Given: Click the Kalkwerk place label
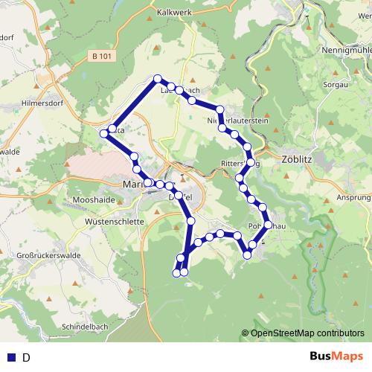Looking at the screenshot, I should [x=176, y=13].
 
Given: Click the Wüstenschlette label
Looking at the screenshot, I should [x=113, y=222].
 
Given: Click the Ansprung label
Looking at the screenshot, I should [x=353, y=198].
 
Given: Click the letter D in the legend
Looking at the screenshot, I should [x=26, y=357].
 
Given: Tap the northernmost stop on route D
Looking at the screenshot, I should [x=157, y=79].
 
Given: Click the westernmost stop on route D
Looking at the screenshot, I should [x=103, y=133].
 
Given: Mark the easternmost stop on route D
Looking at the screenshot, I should [x=268, y=216].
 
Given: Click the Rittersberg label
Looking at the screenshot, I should [x=237, y=164].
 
